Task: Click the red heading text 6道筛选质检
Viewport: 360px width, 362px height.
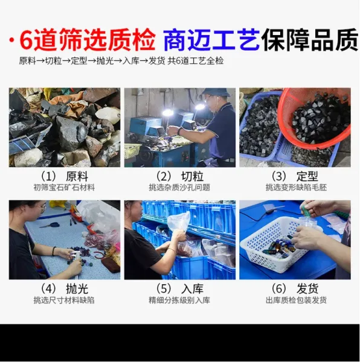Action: click(88, 39)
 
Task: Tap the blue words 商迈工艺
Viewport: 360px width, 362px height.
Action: click(211, 39)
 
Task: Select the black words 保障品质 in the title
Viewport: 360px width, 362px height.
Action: click(310, 39)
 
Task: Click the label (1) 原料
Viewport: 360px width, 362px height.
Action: click(65, 177)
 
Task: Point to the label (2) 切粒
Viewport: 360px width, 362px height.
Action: click(180, 177)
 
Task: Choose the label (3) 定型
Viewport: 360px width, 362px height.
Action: click(295, 177)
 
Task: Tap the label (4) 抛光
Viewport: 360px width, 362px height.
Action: click(65, 289)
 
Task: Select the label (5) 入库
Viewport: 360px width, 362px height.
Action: click(180, 289)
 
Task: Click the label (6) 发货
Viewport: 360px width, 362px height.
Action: click(295, 289)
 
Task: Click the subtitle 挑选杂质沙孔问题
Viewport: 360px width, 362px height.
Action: click(179, 187)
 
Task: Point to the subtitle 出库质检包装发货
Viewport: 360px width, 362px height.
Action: click(296, 300)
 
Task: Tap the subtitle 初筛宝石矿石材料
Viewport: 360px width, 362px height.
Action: click(64, 187)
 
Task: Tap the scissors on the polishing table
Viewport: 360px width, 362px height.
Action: click(50, 224)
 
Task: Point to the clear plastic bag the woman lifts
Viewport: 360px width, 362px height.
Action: click(178, 221)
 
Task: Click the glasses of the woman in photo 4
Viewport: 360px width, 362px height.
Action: click(42, 209)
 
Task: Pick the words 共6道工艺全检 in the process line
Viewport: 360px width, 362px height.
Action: click(196, 61)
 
